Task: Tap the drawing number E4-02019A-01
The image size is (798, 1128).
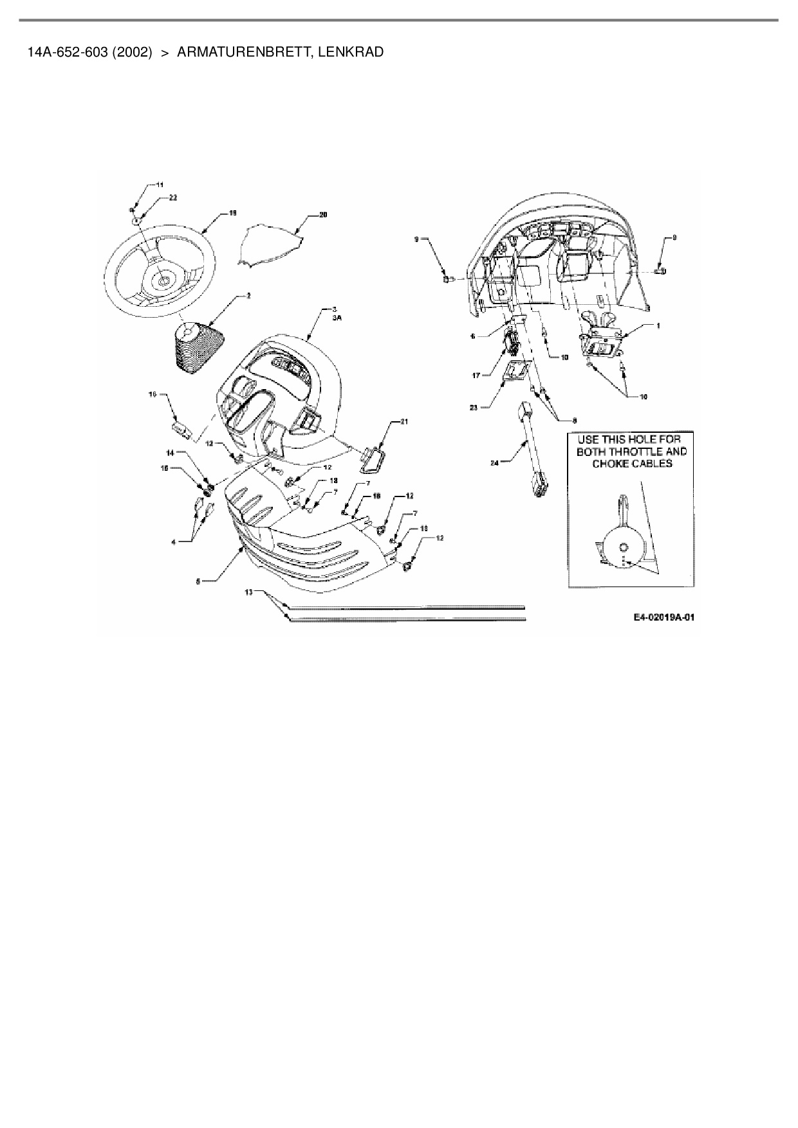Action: point(664,617)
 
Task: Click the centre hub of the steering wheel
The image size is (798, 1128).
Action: point(163,280)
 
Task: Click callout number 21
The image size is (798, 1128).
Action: point(404,421)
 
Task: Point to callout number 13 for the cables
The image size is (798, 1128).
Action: point(249,592)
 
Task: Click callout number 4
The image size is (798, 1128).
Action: point(173,542)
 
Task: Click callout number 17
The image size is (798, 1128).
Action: point(477,373)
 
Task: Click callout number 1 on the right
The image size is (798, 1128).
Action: point(658,326)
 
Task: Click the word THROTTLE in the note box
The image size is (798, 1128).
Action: point(645,451)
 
